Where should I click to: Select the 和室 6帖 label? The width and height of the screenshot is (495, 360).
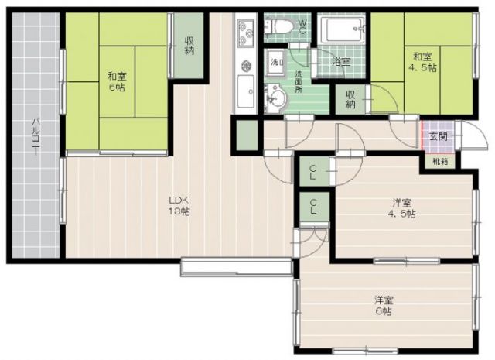[x=117, y=81]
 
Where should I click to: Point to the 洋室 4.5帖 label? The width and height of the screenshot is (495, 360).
[x=401, y=208]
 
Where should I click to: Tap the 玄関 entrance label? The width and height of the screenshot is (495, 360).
[x=437, y=136]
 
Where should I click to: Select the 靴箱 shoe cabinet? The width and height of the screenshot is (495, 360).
[x=439, y=162]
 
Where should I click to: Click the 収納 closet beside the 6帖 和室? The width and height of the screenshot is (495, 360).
[x=189, y=46]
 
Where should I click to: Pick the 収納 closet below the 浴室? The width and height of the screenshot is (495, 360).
[x=350, y=98]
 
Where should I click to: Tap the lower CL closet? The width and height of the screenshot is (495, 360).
[x=313, y=207]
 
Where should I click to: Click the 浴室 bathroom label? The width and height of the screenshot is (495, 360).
[x=342, y=60]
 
